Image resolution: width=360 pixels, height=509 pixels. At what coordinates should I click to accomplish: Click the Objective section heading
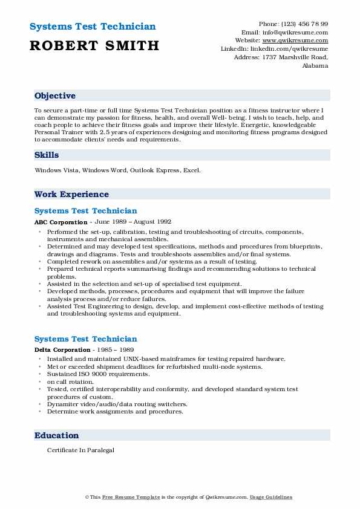click(x=55, y=96)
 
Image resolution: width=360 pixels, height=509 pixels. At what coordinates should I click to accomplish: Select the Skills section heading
click(x=47, y=155)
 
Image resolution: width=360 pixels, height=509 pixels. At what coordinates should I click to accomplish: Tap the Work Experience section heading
click(x=71, y=195)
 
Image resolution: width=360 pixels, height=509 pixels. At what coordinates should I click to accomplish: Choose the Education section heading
click(x=56, y=435)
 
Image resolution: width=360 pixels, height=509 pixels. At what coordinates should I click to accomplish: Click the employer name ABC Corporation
click(x=61, y=222)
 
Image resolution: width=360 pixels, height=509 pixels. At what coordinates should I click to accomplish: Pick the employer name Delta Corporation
click(x=63, y=350)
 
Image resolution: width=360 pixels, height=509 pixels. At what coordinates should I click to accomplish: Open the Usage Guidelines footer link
click(x=271, y=497)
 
